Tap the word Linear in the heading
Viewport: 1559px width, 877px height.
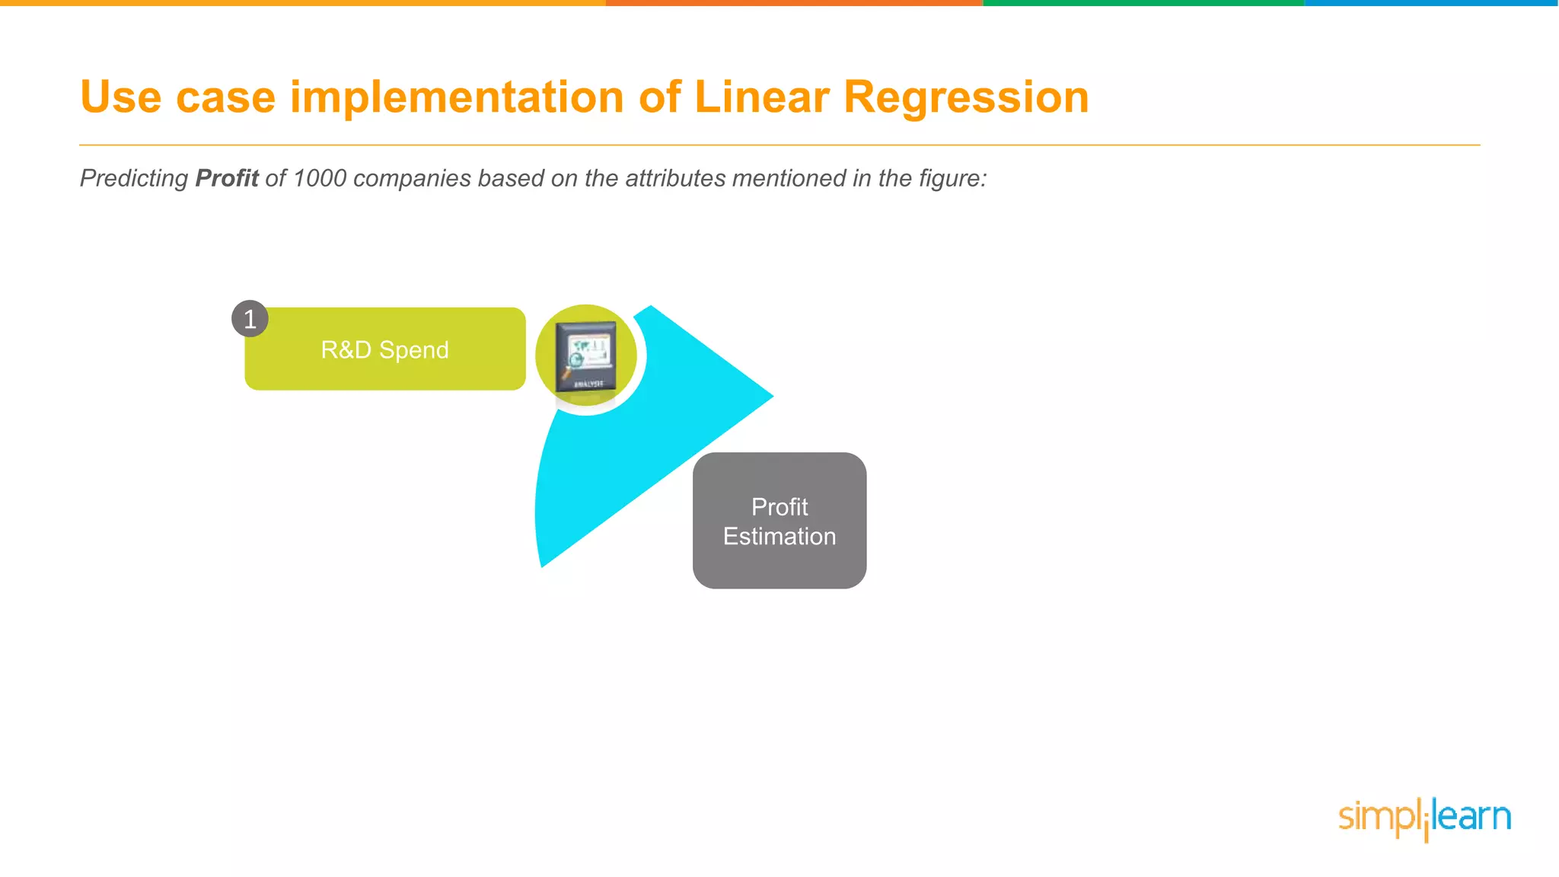pos(761,97)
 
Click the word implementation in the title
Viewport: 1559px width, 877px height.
pos(457,97)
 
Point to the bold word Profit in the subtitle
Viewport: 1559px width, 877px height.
pos(227,178)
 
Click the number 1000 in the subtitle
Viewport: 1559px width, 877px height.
pos(319,178)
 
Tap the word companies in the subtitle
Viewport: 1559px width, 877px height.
pos(412,178)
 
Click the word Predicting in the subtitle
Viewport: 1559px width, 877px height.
pos(134,178)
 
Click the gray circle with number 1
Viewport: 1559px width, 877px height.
pos(250,319)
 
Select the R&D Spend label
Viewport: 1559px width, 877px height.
pos(384,349)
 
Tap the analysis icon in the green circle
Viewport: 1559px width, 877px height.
pos(585,356)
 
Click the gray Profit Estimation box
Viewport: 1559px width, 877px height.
pos(779,521)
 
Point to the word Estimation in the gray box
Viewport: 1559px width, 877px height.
pos(779,537)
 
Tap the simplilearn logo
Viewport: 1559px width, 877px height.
pos(1424,818)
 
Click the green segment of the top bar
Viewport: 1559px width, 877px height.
pos(1142,3)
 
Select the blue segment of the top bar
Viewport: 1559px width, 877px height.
pos(1431,3)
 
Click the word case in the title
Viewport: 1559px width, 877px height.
pos(225,97)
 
